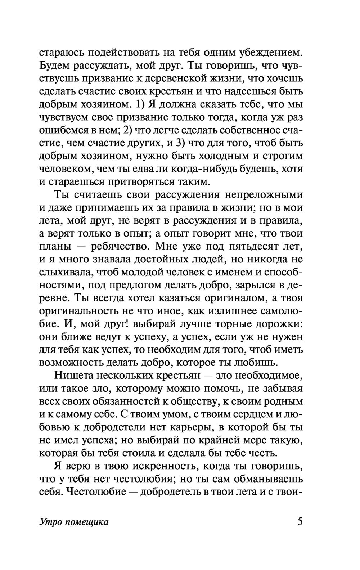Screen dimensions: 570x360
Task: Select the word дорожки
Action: [x=280, y=324]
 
